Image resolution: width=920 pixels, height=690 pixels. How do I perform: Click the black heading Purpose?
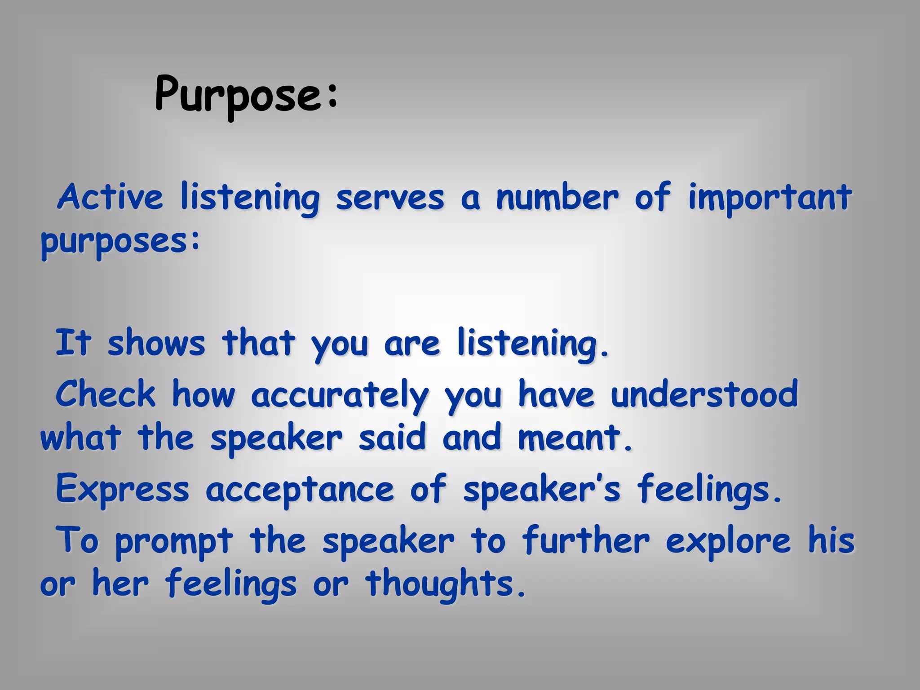246,95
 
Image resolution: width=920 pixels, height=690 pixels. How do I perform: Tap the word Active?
110,198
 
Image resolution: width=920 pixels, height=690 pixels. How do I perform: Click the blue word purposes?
120,243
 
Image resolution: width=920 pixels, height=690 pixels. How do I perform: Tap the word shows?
156,344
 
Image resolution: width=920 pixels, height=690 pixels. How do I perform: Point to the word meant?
575,438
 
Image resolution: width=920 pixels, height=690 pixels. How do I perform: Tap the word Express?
122,490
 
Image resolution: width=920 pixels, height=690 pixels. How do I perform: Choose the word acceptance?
300,491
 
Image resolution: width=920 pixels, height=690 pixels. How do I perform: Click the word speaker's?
542,490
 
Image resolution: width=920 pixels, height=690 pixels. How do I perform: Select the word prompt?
174,542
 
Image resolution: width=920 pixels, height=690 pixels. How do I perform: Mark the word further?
586,540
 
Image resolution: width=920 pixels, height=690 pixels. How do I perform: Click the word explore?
728,541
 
